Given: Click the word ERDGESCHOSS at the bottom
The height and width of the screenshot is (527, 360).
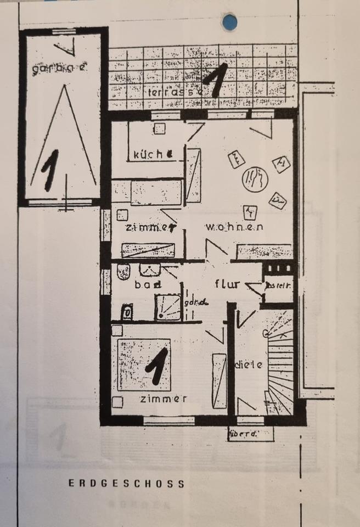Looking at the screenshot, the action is (x=126, y=484).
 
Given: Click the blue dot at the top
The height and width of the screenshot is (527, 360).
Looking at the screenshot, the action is (x=229, y=22).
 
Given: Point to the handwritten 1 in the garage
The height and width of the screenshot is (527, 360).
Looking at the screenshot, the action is (x=50, y=170).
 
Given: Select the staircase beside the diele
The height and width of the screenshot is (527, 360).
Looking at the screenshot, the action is (x=280, y=362).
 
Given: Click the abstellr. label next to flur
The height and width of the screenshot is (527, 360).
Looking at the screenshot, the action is (x=278, y=285).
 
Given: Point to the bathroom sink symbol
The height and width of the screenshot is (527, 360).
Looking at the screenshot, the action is (x=149, y=269).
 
